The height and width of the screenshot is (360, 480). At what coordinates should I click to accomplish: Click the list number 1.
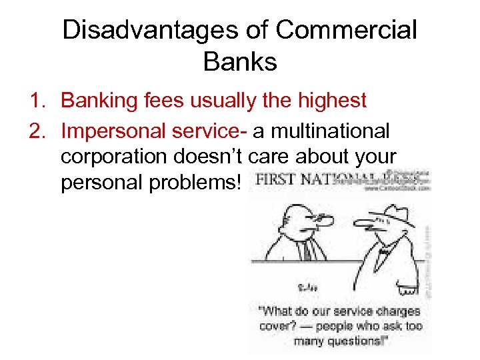coord(36,101)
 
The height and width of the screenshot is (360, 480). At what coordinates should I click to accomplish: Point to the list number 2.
coord(36,131)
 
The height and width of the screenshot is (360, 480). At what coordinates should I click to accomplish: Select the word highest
coord(326,101)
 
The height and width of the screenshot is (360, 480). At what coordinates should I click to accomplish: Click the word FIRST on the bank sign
coord(274,180)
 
